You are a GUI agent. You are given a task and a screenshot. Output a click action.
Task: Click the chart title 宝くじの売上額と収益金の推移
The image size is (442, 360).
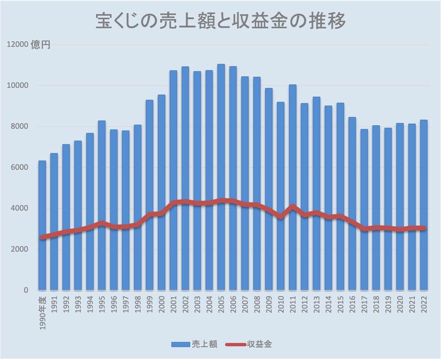(221, 22)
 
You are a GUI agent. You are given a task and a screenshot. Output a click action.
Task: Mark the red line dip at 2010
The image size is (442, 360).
(281, 216)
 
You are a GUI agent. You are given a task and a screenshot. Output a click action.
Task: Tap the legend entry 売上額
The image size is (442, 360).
(194, 344)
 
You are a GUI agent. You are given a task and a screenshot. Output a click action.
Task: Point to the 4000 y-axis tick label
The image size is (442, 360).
(19, 208)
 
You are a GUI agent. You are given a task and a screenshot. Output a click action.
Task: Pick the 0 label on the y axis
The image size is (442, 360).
(26, 290)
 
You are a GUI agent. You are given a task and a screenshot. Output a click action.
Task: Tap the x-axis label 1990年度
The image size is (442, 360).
(42, 311)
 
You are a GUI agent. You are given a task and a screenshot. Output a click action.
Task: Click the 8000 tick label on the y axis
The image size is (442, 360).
(19, 127)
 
